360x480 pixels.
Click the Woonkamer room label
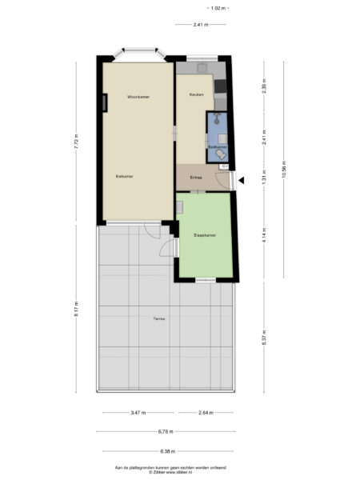click(x=139, y=97)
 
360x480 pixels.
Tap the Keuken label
click(x=196, y=95)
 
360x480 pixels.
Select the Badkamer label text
click(x=216, y=147)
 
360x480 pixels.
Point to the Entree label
click(x=196, y=177)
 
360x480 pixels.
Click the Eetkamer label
click(x=124, y=176)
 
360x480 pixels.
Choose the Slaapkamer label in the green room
click(x=206, y=235)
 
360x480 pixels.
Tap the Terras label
click(x=159, y=319)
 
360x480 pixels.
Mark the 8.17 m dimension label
click(x=77, y=309)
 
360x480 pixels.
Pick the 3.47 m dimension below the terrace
click(x=138, y=413)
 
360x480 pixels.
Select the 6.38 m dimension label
click(x=166, y=451)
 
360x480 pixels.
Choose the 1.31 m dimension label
click(x=263, y=181)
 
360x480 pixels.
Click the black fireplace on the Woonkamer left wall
click(x=105, y=102)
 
